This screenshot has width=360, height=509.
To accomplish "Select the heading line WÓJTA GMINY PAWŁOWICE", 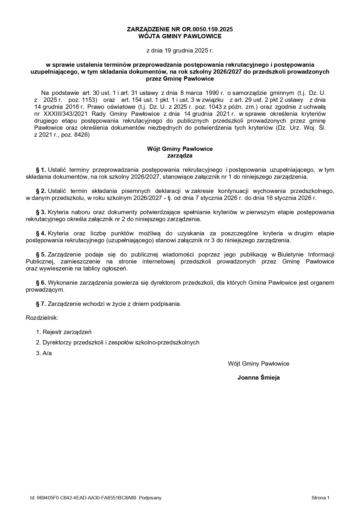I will click(x=180, y=36).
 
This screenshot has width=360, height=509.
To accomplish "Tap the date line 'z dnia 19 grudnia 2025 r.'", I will click(x=180, y=50).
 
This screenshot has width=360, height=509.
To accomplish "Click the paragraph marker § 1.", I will click(x=41, y=170).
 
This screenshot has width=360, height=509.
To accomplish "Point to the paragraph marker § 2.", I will click(x=41, y=191).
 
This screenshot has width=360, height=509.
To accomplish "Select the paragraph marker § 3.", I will click(x=41, y=212).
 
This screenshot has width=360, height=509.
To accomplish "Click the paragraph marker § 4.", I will click(x=41, y=233).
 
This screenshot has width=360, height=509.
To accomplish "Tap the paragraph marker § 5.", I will click(x=41, y=255).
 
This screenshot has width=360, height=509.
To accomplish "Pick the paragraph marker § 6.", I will click(x=41, y=283).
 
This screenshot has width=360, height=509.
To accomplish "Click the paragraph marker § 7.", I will click(x=41, y=304).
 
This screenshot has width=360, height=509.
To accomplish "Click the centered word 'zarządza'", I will click(x=180, y=156).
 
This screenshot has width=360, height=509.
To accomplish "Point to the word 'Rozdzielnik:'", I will click(x=42, y=318).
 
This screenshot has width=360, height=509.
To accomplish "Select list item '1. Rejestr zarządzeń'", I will click(x=64, y=332).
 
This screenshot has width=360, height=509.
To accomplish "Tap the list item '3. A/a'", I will click(x=44, y=353).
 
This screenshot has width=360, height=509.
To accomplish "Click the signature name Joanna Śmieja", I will click(x=258, y=378).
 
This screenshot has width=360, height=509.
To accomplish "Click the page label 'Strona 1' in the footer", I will click(x=320, y=498).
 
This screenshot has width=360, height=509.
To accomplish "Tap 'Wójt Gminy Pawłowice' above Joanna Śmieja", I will click(x=258, y=364).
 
